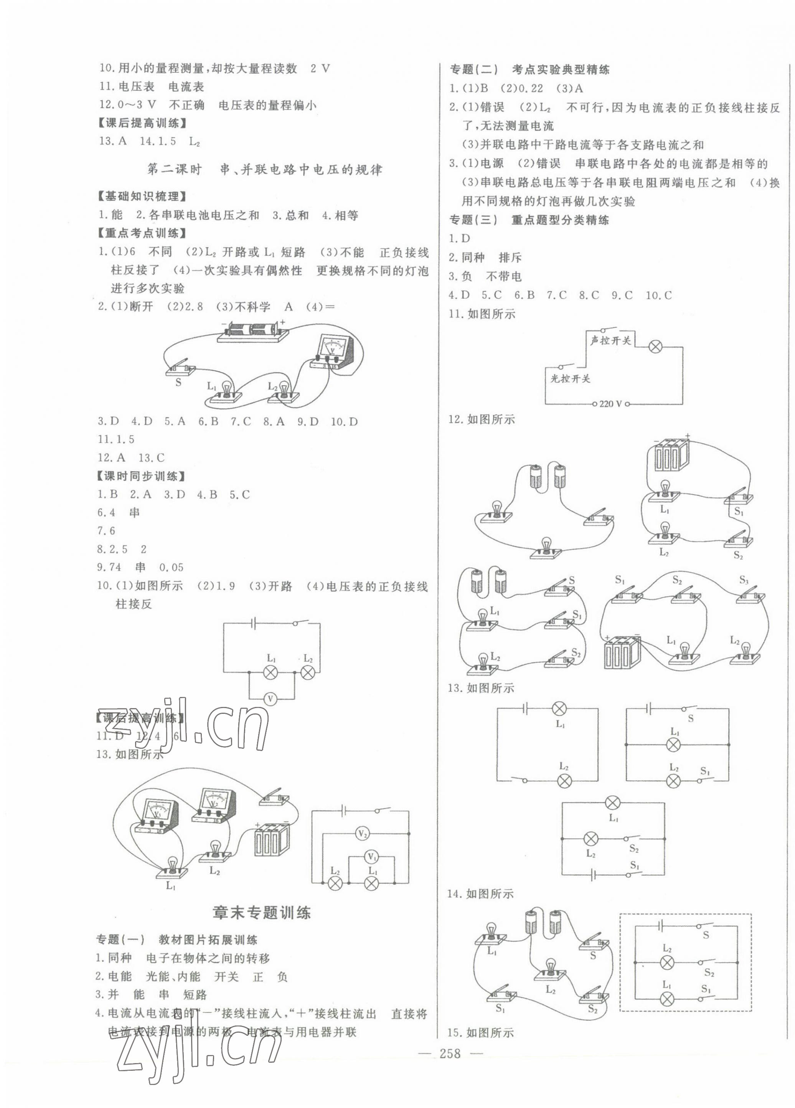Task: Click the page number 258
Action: pyautogui.click(x=450, y=1067)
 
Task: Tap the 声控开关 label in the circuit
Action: pyautogui.click(x=611, y=340)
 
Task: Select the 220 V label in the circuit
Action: pyautogui.click(x=610, y=404)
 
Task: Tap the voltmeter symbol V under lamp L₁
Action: pyautogui.click(x=270, y=699)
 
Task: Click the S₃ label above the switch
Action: pyautogui.click(x=743, y=580)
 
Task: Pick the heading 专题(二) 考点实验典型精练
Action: pyautogui.click(x=529, y=70)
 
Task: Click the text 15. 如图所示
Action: pyautogui.click(x=481, y=1032)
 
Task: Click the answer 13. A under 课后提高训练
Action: pyautogui.click(x=113, y=141)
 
